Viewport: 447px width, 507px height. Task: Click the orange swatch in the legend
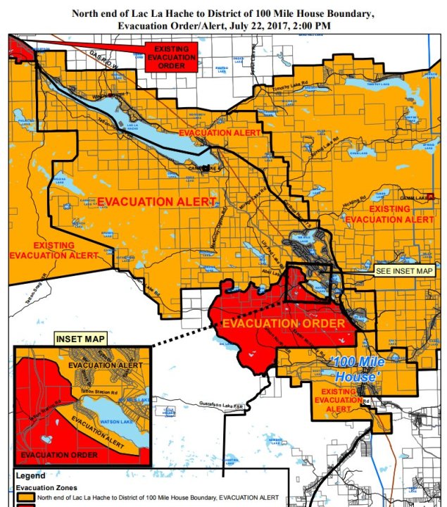27,497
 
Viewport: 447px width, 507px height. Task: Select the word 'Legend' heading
30,475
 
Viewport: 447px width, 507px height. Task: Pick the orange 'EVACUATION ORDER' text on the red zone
283,323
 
